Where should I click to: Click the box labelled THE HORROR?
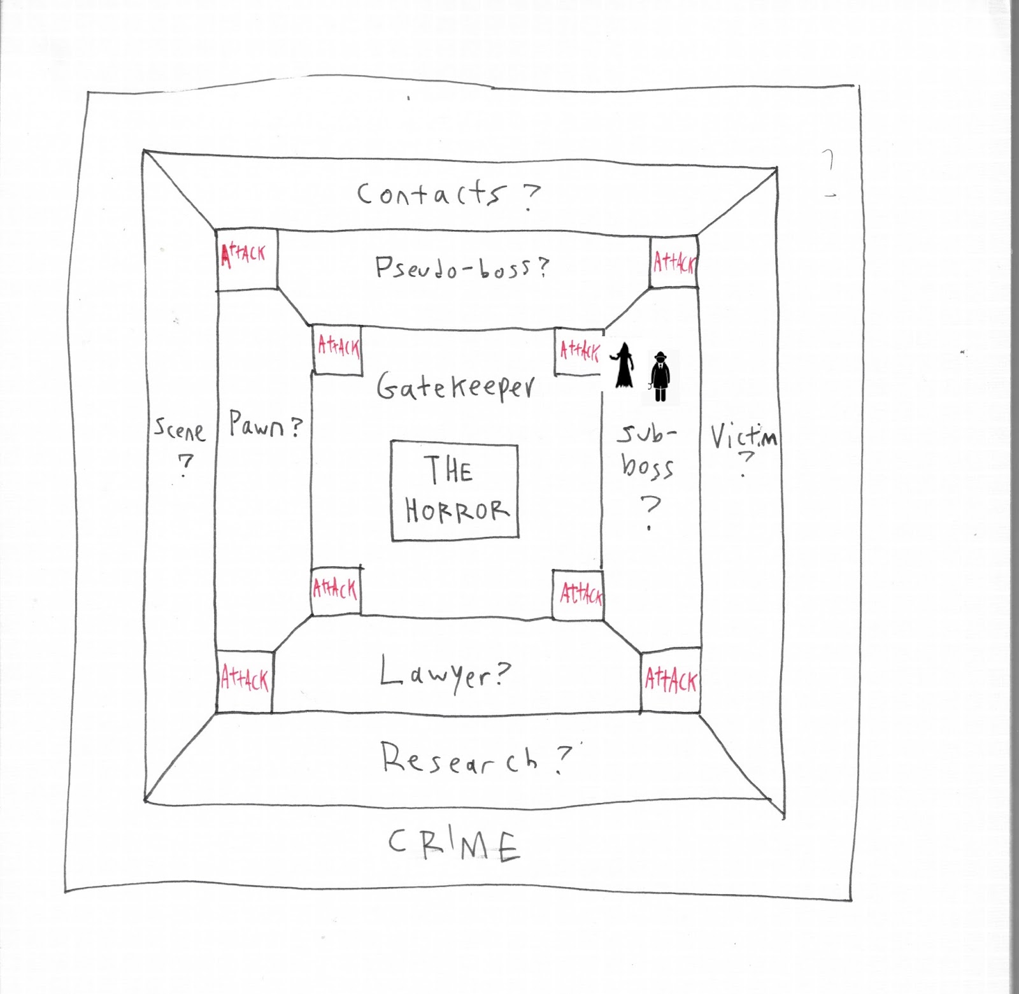point(454,490)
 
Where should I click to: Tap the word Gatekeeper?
point(455,387)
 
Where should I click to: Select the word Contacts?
point(432,194)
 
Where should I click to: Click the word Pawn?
point(257,425)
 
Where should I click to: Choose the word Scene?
point(180,430)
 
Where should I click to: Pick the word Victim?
point(743,437)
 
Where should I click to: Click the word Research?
point(459,758)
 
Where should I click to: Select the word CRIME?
point(453,845)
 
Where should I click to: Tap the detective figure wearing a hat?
point(660,376)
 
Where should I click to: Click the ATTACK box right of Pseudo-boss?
point(674,262)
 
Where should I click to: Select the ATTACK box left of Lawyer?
point(245,680)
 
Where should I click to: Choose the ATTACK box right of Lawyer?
point(671,681)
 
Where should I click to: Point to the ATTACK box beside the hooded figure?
point(579,351)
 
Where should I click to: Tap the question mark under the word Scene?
point(185,465)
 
